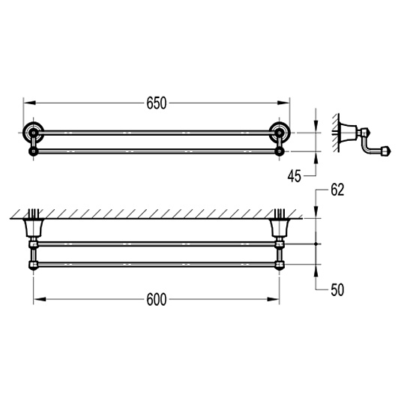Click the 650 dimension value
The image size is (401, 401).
(157, 103)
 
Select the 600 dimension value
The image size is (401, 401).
(157, 300)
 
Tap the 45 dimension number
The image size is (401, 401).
(295, 176)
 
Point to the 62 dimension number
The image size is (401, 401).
(337, 190)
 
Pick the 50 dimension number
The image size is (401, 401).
(337, 290)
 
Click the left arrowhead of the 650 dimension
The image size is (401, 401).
(29, 103)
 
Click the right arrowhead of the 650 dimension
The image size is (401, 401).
(284, 103)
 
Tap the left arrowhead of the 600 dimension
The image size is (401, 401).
(40, 299)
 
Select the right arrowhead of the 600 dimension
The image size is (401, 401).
(274, 299)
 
